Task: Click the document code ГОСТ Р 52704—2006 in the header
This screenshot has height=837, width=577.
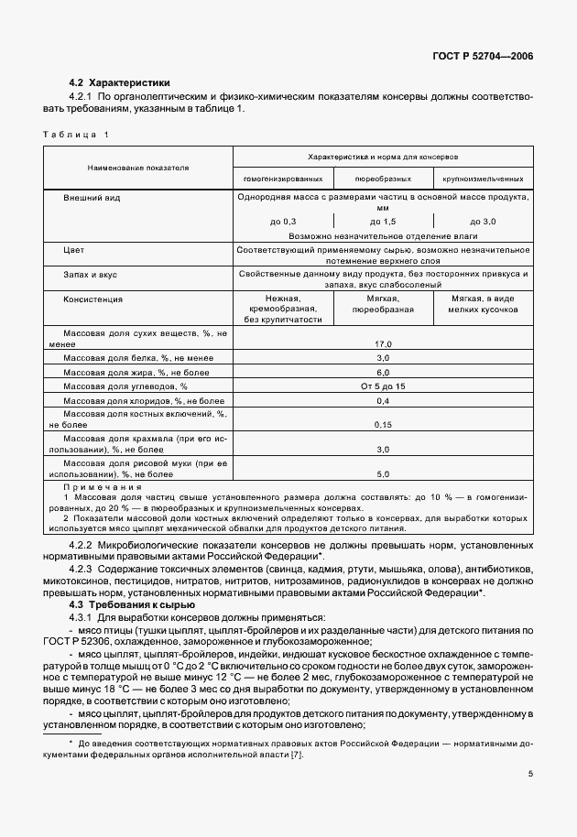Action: (482, 56)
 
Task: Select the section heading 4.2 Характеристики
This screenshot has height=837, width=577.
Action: (119, 82)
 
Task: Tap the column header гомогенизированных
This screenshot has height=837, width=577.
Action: (282, 179)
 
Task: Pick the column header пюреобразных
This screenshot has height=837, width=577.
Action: (383, 179)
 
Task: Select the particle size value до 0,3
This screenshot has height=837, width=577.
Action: (283, 222)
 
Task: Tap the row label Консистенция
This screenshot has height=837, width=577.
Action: (94, 299)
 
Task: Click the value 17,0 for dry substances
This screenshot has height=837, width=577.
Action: (383, 342)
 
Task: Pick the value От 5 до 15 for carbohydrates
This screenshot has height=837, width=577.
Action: (383, 387)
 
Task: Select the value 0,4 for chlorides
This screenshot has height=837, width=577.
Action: (383, 402)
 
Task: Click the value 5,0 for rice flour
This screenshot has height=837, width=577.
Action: (383, 474)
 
